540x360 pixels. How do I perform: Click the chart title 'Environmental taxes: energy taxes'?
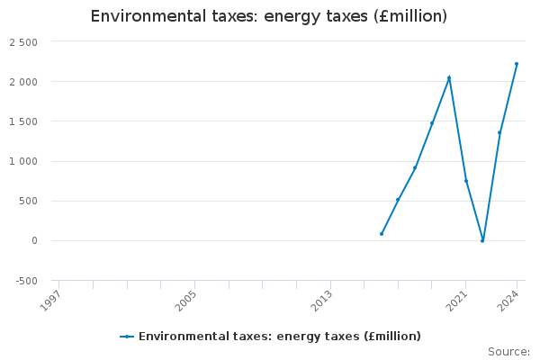[x=269, y=17]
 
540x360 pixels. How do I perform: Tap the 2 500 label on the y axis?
[x=23, y=42]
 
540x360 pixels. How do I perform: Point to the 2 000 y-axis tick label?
[x=23, y=82]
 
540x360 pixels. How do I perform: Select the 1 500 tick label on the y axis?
[x=23, y=121]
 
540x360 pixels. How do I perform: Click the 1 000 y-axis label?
[x=23, y=161]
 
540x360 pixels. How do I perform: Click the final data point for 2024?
[x=517, y=64]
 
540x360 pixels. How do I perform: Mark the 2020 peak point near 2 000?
[x=449, y=77]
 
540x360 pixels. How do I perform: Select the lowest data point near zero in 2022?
[x=482, y=240]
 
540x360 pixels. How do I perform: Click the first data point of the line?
[x=382, y=234]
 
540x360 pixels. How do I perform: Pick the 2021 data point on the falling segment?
[x=466, y=181]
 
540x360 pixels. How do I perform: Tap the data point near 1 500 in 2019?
[x=432, y=123]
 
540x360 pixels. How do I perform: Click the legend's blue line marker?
[x=127, y=337]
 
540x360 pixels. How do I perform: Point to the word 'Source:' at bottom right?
[x=508, y=351]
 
